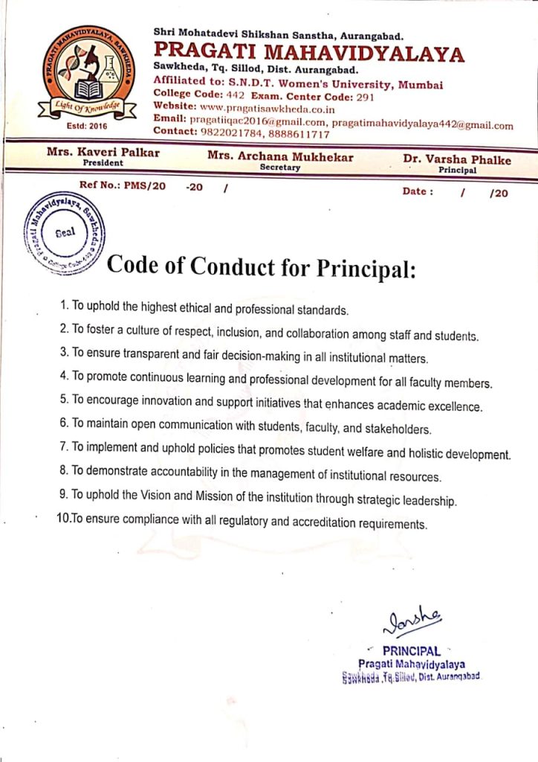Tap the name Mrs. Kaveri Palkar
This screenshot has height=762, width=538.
[x=103, y=153]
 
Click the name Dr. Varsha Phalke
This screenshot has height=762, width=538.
[x=457, y=159]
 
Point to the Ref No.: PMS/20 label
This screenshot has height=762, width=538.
[x=122, y=186]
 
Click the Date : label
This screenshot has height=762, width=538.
[x=418, y=191]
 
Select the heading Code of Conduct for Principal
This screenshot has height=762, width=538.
[x=261, y=266]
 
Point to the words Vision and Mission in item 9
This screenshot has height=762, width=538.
[x=194, y=499]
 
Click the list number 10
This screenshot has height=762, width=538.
[x=62, y=520]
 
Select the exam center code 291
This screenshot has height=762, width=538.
[x=362, y=97]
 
